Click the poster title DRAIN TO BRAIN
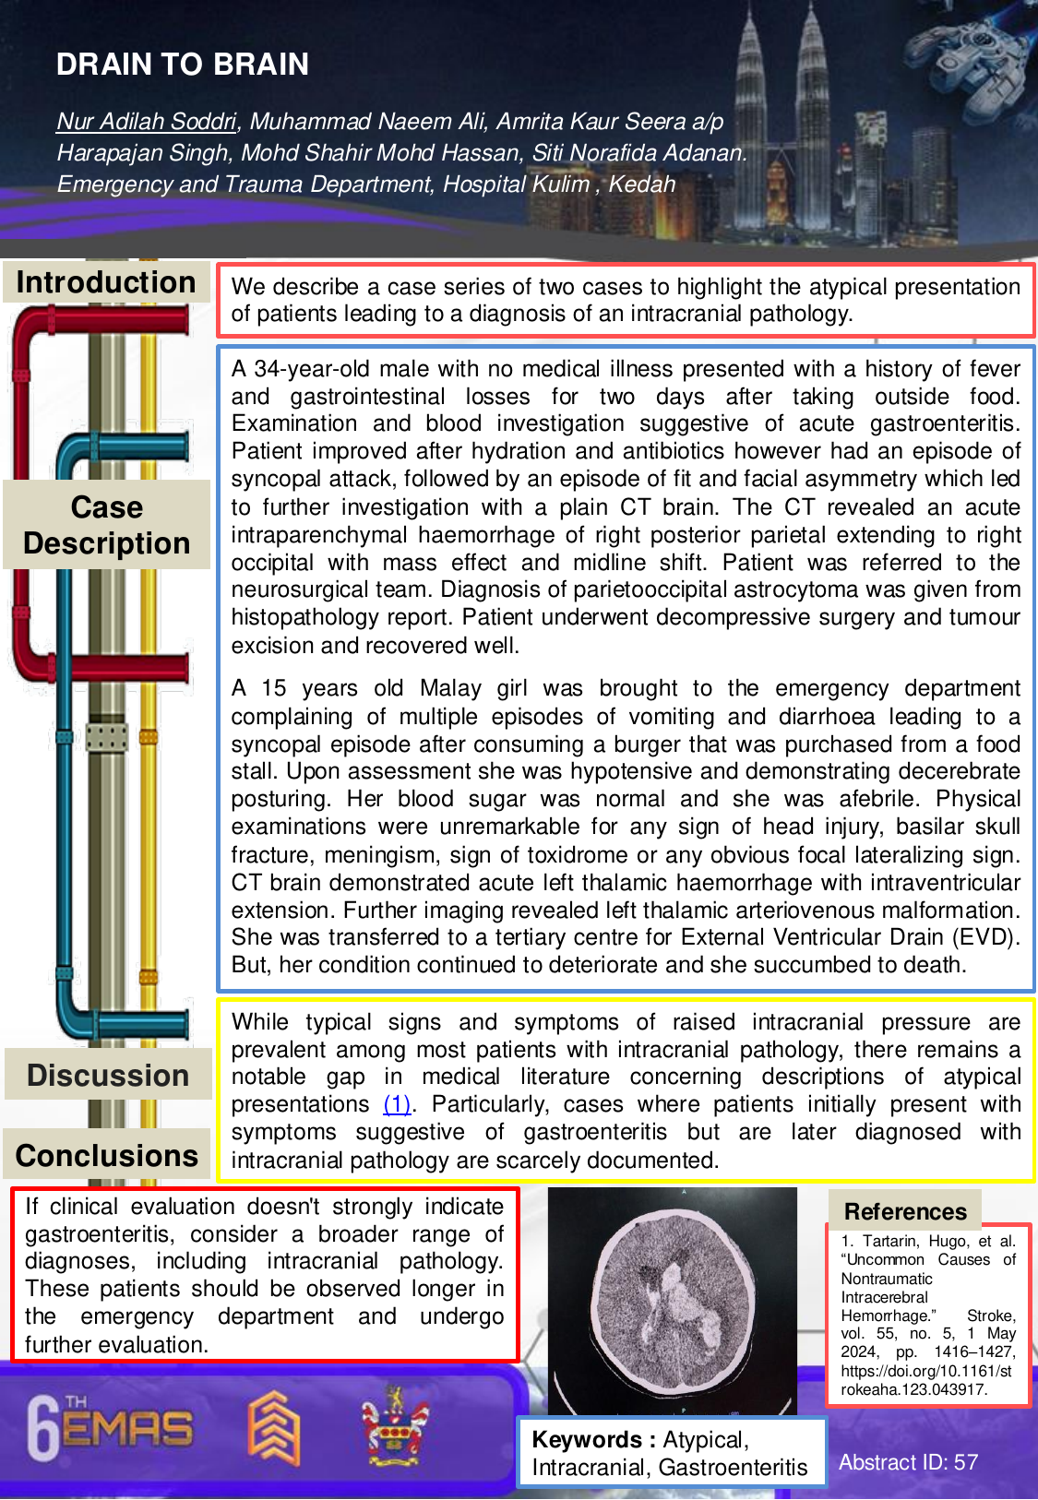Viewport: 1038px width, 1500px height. point(183,65)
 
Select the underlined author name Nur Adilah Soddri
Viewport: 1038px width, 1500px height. point(147,122)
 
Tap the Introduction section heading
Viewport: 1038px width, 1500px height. point(106,282)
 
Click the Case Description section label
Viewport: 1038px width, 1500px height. point(107,525)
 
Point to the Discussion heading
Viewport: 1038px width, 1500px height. point(108,1076)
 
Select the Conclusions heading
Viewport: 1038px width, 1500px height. point(107,1156)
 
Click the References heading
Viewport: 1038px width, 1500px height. point(905,1211)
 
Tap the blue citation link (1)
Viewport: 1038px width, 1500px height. point(397,1104)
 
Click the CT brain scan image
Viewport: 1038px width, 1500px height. point(672,1300)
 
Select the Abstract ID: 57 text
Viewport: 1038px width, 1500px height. point(908,1462)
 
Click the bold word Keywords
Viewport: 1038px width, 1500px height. point(587,1439)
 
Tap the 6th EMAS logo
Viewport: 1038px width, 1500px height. point(110,1429)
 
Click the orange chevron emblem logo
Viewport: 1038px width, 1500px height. point(274,1429)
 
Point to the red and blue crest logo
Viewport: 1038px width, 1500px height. point(394,1425)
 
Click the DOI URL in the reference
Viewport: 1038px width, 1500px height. point(926,1380)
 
